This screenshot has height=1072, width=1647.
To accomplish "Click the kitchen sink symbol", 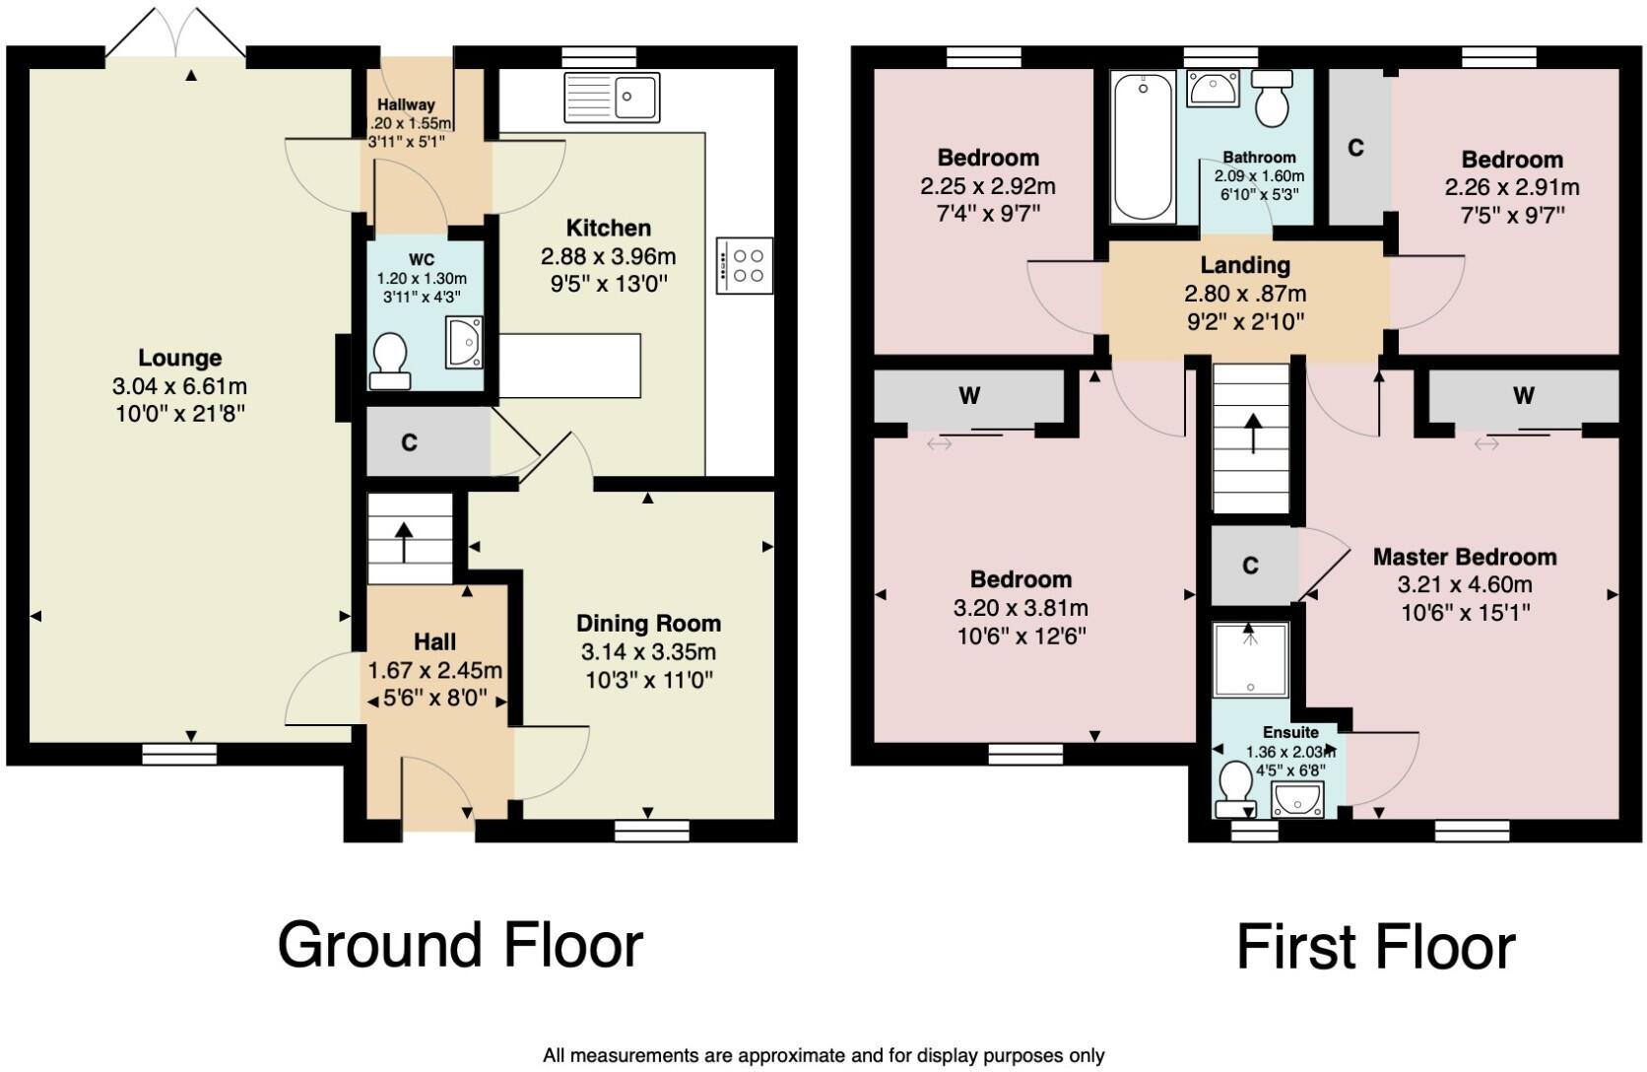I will (612, 98).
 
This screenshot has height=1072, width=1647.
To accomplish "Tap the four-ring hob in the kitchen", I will (745, 265).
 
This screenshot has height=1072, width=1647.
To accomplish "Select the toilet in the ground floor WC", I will (390, 361).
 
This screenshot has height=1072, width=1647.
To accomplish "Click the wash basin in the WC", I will (464, 342).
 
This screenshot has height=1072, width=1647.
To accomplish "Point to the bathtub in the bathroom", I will (1143, 148).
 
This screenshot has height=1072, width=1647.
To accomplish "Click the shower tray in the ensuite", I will (1250, 659).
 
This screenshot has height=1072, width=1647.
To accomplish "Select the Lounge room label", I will (179, 358).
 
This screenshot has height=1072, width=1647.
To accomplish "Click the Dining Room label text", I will (648, 624).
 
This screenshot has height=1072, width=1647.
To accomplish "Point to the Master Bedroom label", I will (1464, 557).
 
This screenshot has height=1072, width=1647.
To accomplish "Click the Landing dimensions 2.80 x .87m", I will (1245, 294).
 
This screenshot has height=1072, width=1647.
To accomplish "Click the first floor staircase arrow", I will (1252, 434).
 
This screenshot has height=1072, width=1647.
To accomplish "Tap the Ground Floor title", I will (460, 944).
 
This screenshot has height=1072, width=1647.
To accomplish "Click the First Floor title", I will (1375, 947).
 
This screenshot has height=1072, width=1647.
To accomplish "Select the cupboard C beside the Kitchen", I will (409, 442).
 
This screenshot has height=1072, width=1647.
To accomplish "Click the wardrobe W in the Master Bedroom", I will (1523, 396).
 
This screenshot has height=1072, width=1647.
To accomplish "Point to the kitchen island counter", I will (569, 366).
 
